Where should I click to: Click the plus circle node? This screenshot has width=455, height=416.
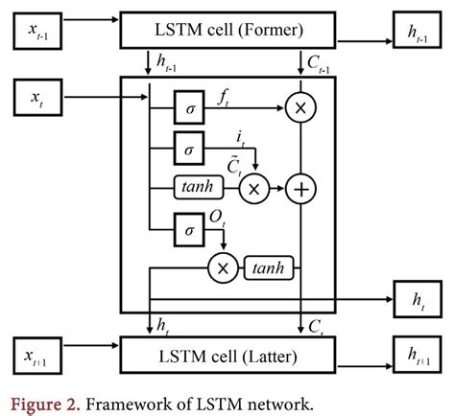pyautogui.click(x=302, y=190)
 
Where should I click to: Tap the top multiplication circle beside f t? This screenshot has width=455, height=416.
pyautogui.click(x=302, y=111)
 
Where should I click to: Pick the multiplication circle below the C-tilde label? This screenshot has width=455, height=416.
pyautogui.click(x=254, y=190)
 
